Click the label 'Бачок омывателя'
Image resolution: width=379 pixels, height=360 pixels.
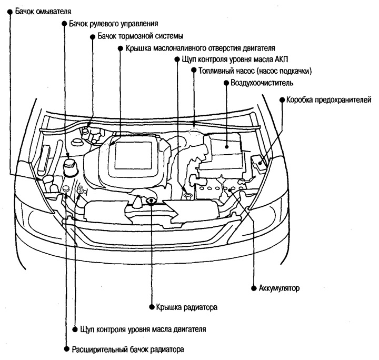coord(44,11)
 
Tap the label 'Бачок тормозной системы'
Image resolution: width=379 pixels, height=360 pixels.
coord(140,37)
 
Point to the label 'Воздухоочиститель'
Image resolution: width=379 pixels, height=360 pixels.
coord(258,83)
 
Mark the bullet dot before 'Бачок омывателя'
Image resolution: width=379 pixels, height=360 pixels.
coord(10,11)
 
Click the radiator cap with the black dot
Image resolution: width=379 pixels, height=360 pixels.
coord(151,199)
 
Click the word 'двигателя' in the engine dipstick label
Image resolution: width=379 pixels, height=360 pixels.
coord(189,329)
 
